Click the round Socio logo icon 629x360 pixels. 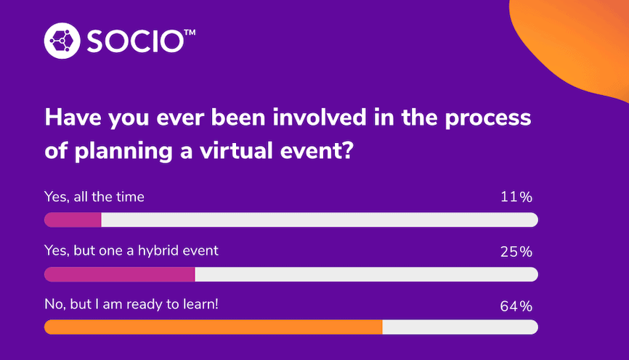(x=62, y=41)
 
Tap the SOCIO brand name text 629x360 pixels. (x=135, y=41)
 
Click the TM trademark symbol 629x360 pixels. (x=190, y=32)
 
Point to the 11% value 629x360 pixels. (x=516, y=197)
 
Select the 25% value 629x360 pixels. (x=516, y=252)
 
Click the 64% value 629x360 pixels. (x=516, y=306)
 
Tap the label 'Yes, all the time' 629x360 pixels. (x=94, y=197)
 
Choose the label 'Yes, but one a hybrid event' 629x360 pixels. (x=131, y=251)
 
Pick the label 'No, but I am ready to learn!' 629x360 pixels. (x=131, y=304)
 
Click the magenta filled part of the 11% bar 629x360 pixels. (x=73, y=220)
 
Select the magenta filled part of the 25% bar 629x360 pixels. (x=120, y=274)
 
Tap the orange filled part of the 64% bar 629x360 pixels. (x=213, y=327)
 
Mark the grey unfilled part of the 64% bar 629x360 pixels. (x=460, y=327)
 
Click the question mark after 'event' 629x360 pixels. (x=348, y=150)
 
